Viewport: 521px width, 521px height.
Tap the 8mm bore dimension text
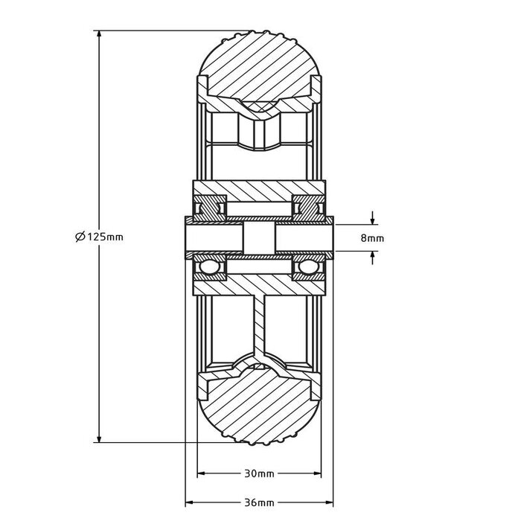371,238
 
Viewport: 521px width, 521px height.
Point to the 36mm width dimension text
259,502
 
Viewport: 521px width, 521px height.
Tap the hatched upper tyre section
259,67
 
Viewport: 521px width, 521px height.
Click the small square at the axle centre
259,239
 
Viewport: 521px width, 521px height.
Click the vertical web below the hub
259,320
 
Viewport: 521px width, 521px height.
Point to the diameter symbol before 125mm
80,237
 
